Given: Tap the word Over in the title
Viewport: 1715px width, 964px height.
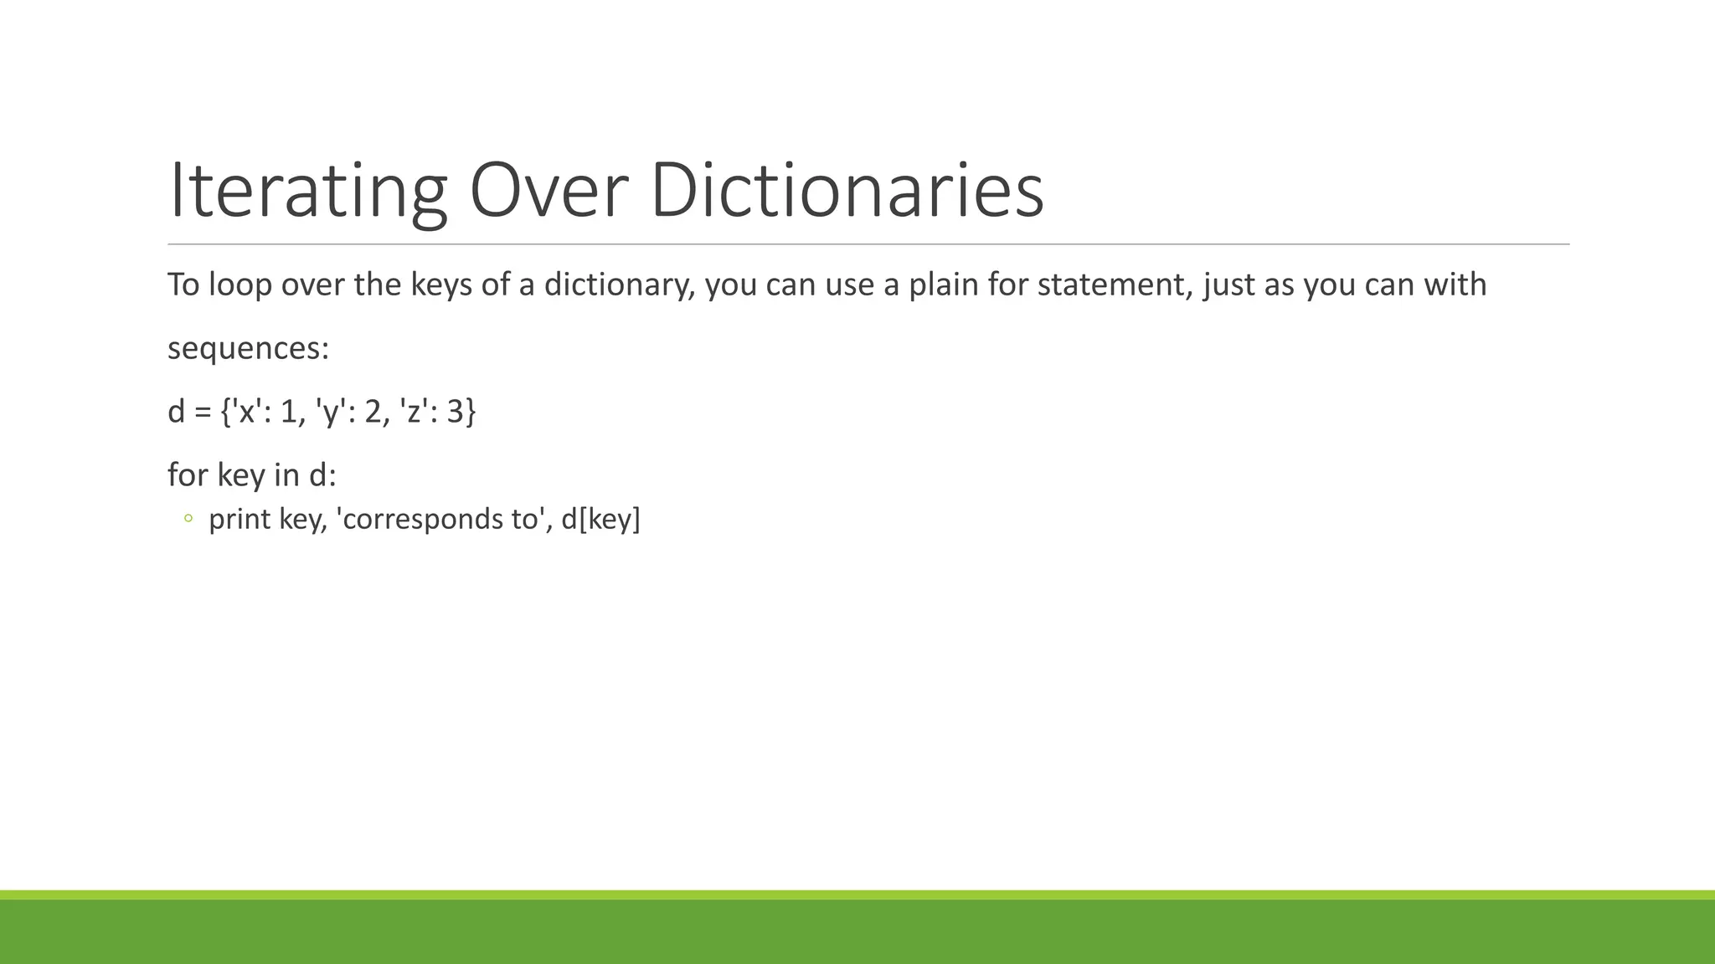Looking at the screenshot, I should point(548,191).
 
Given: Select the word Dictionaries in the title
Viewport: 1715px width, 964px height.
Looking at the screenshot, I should point(847,191).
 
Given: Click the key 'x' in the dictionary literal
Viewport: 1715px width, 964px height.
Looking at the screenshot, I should point(247,412).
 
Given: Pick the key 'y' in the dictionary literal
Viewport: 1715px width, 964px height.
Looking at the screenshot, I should point(331,413).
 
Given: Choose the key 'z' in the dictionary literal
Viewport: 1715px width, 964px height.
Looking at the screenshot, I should point(414,412).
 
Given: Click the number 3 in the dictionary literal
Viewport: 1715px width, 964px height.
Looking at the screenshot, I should point(456,412).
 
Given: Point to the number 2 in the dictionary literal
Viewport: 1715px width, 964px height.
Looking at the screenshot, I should point(373,412).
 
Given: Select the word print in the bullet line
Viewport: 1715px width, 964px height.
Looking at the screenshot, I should point(239,520).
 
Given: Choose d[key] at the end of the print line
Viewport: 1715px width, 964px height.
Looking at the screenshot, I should point(600,520).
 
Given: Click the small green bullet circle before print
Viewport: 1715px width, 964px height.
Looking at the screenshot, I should point(188,520).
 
